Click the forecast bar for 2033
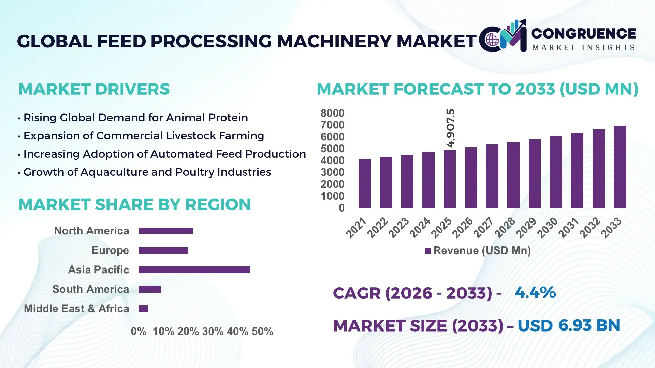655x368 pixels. click(x=620, y=167)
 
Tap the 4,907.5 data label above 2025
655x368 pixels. click(x=450, y=128)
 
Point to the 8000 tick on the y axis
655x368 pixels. click(x=332, y=113)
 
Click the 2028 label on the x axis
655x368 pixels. click(x=505, y=228)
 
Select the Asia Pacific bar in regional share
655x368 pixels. click(x=194, y=270)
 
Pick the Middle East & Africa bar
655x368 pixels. click(x=144, y=309)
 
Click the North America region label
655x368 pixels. click(x=91, y=231)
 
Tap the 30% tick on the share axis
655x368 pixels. click(x=213, y=331)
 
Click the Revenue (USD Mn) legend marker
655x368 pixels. click(x=428, y=251)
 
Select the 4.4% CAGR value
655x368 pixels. click(x=535, y=292)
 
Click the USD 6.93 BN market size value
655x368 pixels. click(x=569, y=325)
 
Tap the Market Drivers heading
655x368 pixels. click(x=94, y=89)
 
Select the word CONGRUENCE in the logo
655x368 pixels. click(x=583, y=33)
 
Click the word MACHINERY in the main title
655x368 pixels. click(x=334, y=41)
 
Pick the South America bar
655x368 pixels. click(x=150, y=289)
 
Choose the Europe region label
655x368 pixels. click(x=110, y=250)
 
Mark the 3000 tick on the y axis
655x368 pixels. click(x=332, y=172)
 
